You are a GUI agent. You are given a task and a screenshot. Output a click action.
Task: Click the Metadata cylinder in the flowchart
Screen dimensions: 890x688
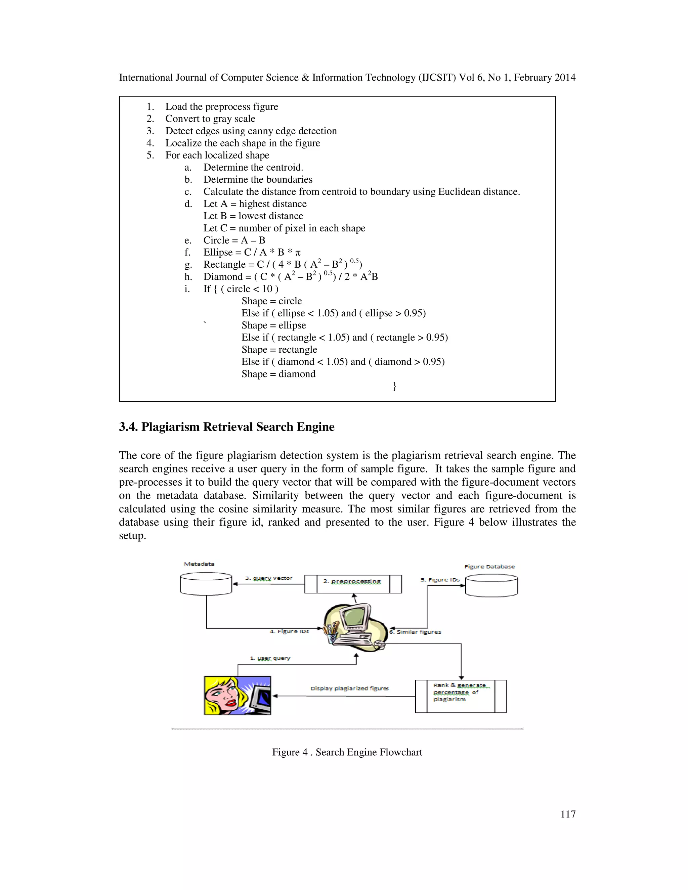[x=206, y=584]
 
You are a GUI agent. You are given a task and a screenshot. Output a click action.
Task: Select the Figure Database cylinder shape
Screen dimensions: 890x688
[x=491, y=586]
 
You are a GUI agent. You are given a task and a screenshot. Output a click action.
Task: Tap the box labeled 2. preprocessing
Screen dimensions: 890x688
[x=353, y=584]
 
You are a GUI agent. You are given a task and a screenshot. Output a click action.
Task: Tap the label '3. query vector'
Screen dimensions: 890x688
[x=269, y=578]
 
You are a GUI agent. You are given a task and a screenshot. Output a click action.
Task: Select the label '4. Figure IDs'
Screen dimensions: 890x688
[x=289, y=631]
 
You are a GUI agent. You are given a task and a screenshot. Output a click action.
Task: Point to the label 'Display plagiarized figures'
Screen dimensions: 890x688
[x=350, y=688]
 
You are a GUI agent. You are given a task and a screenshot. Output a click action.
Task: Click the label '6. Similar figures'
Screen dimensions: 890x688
[x=416, y=632]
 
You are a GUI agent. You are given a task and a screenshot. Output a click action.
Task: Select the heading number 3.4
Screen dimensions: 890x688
[x=128, y=427]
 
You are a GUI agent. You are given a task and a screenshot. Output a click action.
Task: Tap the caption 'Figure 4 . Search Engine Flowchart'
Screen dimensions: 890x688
[x=347, y=752]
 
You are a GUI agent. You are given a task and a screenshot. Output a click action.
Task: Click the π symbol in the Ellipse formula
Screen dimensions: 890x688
[x=298, y=253]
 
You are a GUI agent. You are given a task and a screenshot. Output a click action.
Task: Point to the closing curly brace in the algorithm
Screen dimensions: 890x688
[x=394, y=386]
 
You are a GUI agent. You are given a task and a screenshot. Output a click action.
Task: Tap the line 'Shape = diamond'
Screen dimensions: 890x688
[x=278, y=374]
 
